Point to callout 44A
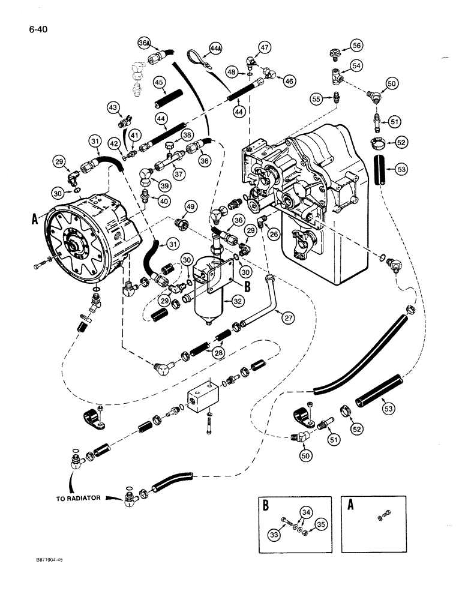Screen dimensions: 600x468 click(x=216, y=48)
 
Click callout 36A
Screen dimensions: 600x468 click(x=143, y=43)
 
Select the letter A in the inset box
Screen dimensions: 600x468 click(x=350, y=505)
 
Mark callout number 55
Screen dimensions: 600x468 click(x=316, y=98)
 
